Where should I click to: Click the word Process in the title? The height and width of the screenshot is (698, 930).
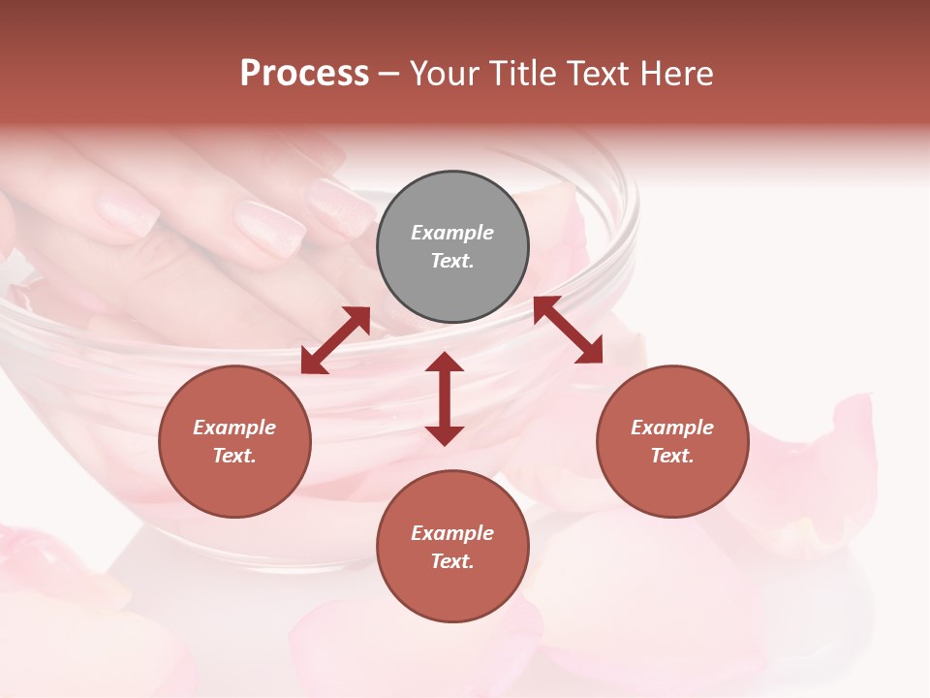point(304,74)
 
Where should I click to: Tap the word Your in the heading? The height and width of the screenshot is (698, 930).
point(446,74)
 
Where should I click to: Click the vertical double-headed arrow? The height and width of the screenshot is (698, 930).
point(445,398)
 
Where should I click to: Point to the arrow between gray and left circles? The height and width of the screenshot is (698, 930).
point(335,340)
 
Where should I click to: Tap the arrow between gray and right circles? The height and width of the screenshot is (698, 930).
point(568,330)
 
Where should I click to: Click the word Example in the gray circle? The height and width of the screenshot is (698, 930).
point(452,233)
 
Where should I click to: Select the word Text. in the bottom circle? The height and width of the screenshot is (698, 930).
point(452,561)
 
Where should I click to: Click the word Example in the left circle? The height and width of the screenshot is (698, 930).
point(234,428)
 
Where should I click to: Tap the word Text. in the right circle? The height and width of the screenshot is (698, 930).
point(672,456)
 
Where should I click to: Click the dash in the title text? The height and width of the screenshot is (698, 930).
point(388,74)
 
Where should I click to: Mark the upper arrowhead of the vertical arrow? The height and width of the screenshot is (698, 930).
point(445,363)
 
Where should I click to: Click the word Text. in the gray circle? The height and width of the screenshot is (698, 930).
point(452,261)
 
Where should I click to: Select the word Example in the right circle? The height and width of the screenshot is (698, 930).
point(672,428)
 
